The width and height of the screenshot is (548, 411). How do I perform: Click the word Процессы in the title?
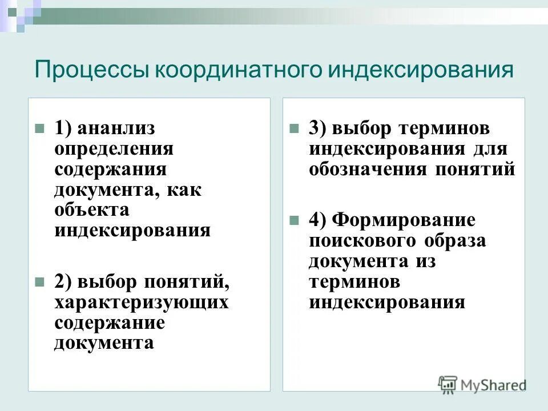[92, 71]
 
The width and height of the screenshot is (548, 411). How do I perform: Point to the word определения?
[114, 149]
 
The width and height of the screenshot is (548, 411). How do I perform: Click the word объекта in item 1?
[92, 209]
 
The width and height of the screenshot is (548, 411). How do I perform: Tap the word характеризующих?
[142, 302]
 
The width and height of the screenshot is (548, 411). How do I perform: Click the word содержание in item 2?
[110, 323]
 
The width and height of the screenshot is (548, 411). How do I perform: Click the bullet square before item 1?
[39, 128]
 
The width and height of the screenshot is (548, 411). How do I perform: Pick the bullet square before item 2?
[39, 282]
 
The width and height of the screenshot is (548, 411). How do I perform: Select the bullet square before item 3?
[294, 128]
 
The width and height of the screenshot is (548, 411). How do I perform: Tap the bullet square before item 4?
[294, 220]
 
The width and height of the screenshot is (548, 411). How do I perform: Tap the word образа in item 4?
[456, 241]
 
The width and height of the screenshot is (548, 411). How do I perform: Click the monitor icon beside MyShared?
[448, 384]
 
